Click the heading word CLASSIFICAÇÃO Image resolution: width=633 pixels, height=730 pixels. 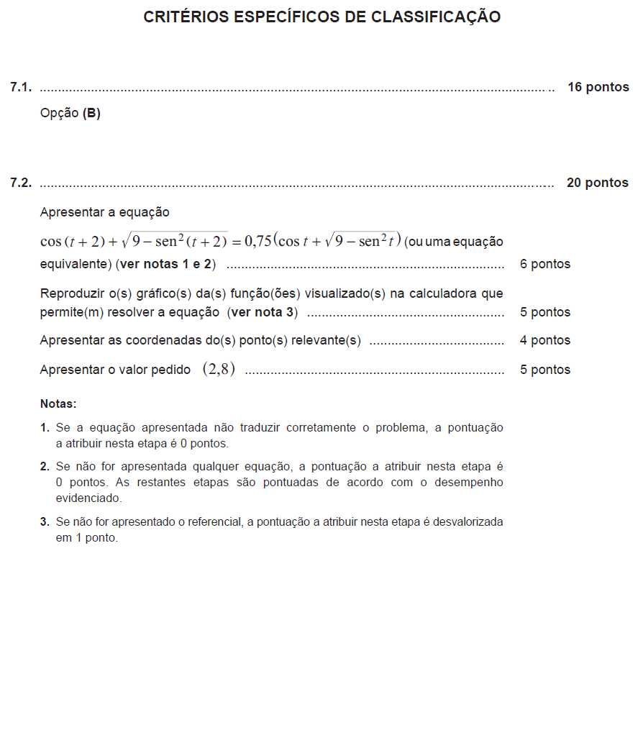(436, 17)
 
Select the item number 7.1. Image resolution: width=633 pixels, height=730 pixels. (21, 88)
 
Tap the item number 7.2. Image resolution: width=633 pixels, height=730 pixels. (21, 183)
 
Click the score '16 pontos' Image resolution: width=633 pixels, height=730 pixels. (598, 88)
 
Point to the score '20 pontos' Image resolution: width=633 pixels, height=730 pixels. (597, 183)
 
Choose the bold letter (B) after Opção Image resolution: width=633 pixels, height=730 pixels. (91, 113)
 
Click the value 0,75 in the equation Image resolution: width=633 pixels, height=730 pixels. (258, 241)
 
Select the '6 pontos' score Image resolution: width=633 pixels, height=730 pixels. (545, 264)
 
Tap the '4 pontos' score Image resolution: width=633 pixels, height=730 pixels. (545, 340)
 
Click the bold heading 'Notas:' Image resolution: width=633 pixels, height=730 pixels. (58, 404)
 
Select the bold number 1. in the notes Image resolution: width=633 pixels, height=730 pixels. (45, 428)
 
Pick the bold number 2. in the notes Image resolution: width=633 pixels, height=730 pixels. (45, 466)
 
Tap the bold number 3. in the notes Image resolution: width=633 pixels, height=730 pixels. (45, 521)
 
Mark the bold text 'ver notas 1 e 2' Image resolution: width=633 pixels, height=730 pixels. (165, 264)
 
